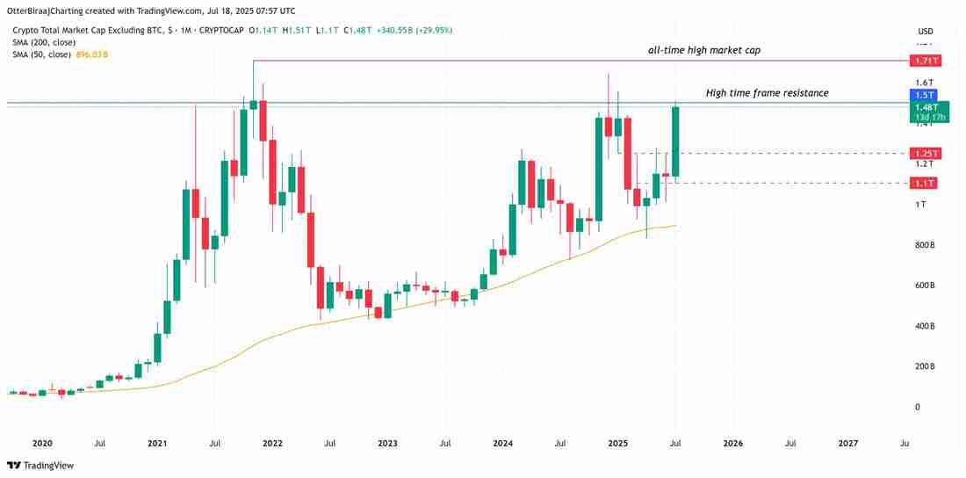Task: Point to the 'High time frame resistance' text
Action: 767,92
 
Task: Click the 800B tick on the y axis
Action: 925,245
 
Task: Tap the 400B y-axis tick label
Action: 925,326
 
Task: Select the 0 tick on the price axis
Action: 917,407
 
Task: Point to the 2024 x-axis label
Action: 502,444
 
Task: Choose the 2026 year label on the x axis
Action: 732,444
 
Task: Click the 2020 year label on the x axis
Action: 42,444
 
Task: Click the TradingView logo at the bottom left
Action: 41,465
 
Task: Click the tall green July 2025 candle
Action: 675,141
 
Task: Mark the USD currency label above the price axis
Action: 925,29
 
